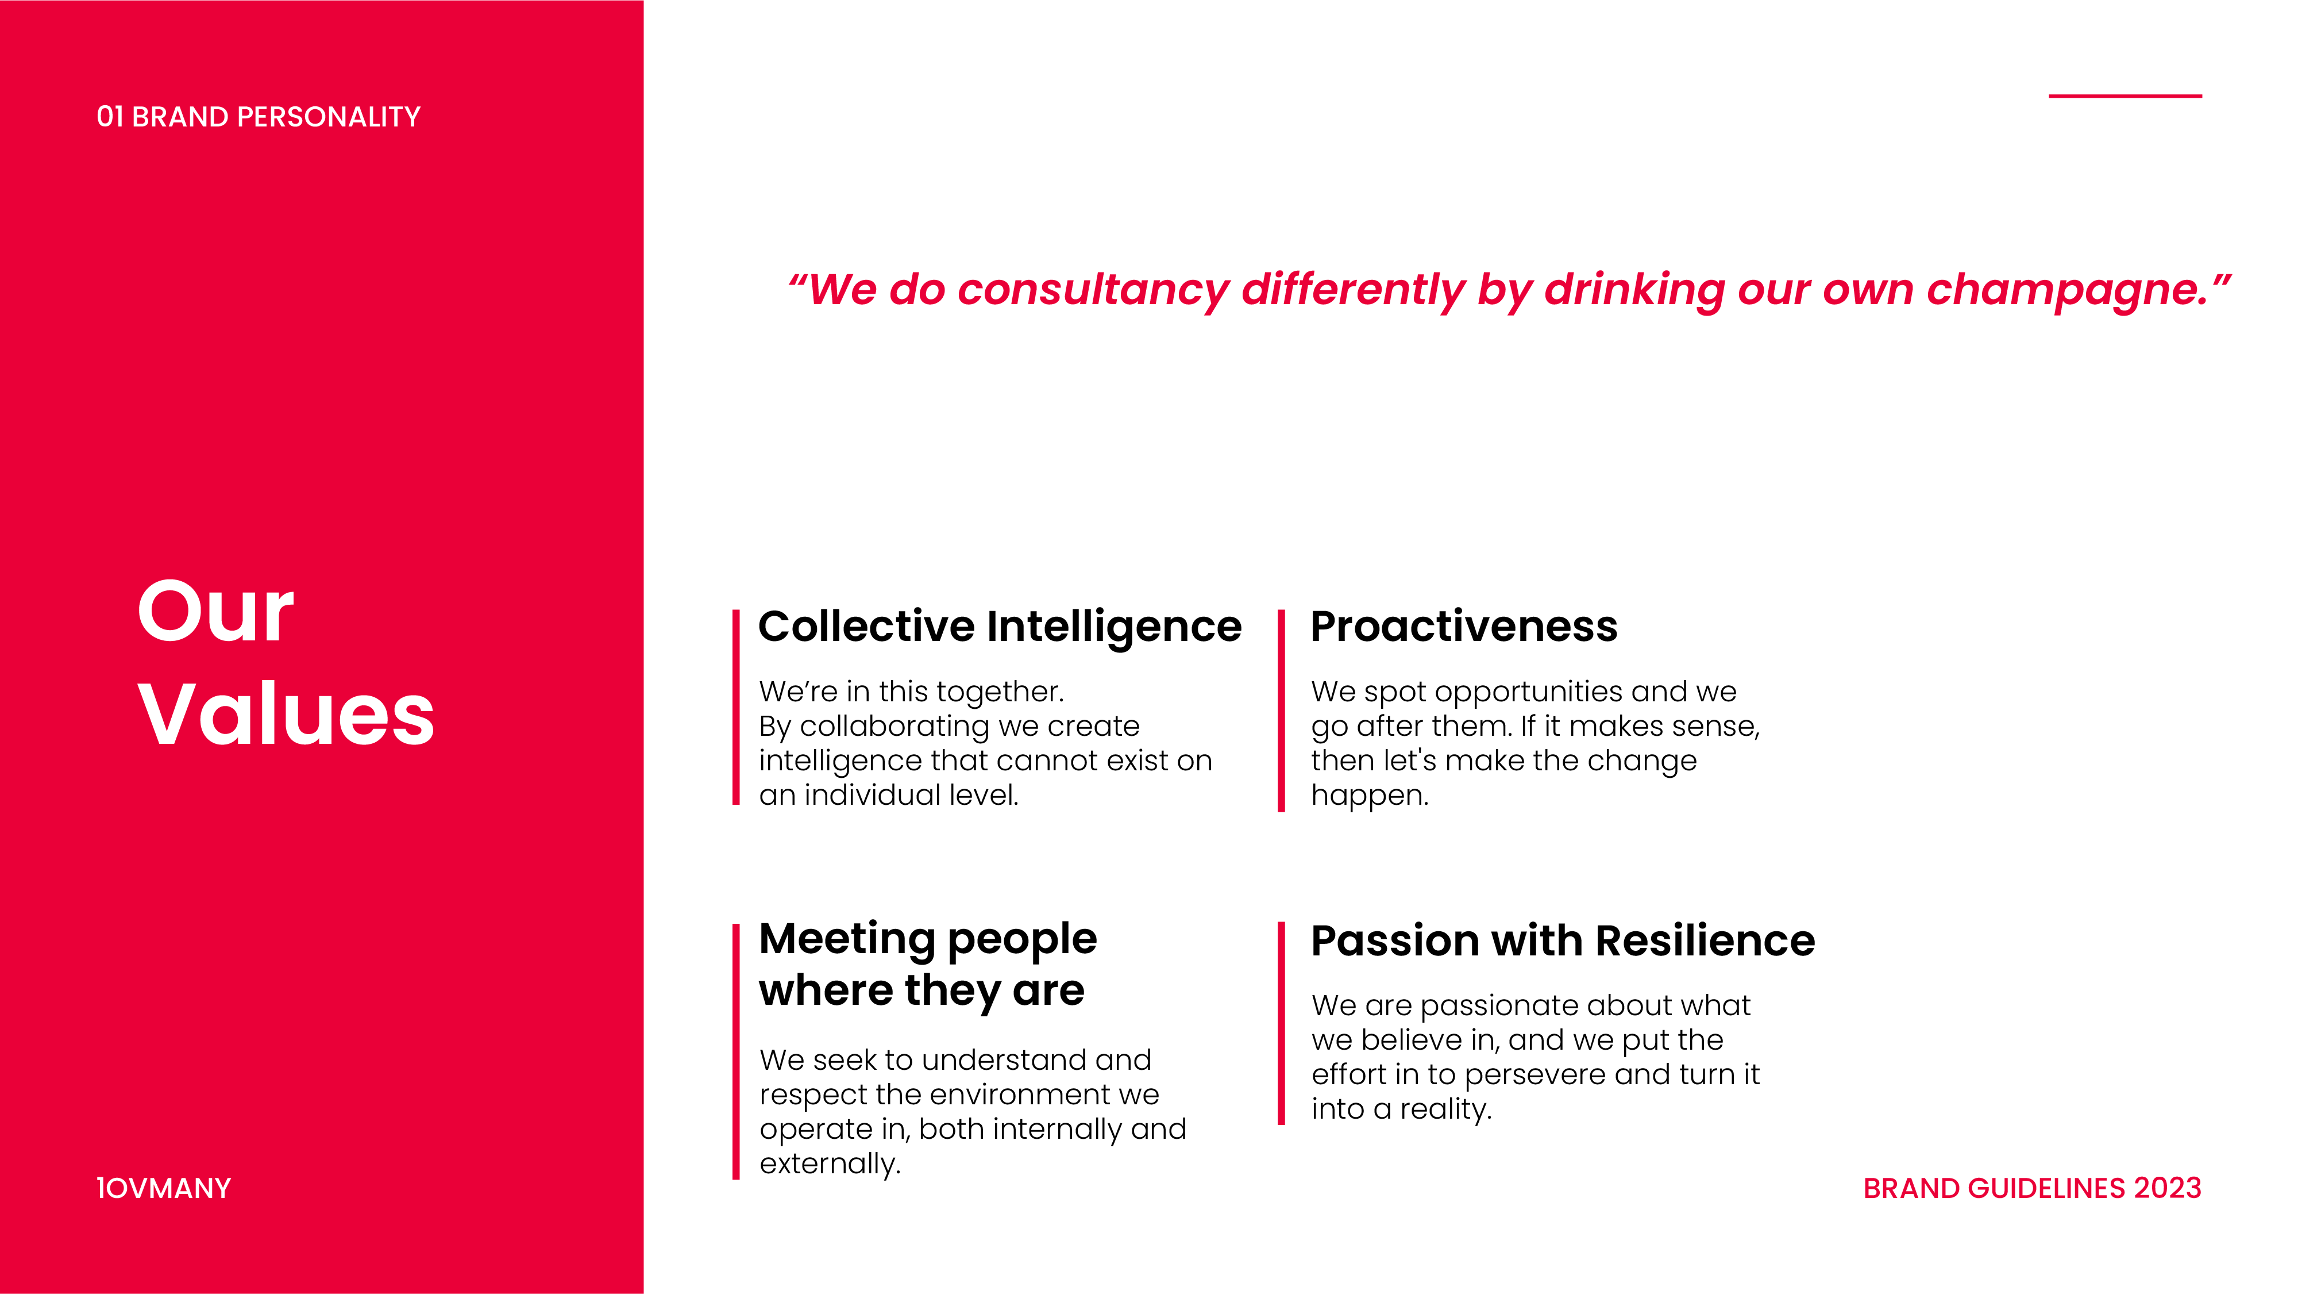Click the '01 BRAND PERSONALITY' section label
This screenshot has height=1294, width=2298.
(258, 117)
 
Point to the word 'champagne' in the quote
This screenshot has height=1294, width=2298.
(2066, 291)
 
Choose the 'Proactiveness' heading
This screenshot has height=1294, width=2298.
(1464, 627)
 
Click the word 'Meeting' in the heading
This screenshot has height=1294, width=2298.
(847, 940)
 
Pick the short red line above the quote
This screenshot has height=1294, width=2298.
(2125, 95)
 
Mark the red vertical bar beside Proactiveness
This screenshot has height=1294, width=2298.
(1281, 711)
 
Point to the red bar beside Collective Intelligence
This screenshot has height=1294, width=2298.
(736, 708)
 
